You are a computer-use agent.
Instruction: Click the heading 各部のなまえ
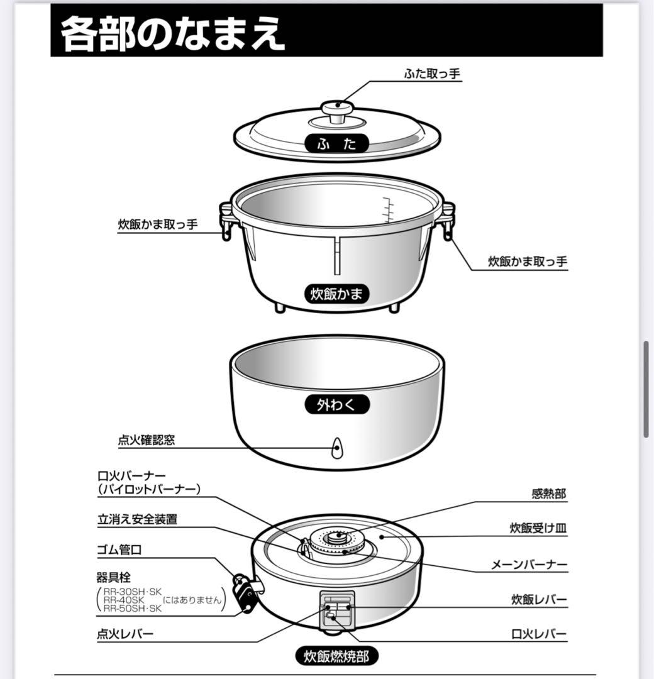172,35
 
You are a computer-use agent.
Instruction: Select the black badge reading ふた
337,143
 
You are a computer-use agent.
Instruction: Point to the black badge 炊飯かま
337,294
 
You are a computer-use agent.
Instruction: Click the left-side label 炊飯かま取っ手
158,224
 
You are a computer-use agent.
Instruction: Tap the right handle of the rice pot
448,220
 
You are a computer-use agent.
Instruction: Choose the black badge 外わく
337,405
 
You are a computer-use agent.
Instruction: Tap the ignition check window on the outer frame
337,448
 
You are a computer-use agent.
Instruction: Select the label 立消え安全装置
137,519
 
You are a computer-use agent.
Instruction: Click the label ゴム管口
119,550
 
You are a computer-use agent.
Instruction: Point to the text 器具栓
114,577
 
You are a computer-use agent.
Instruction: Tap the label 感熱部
548,494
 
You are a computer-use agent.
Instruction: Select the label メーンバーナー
529,565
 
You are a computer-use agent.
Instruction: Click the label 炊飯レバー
539,600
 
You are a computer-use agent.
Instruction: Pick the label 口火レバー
539,634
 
